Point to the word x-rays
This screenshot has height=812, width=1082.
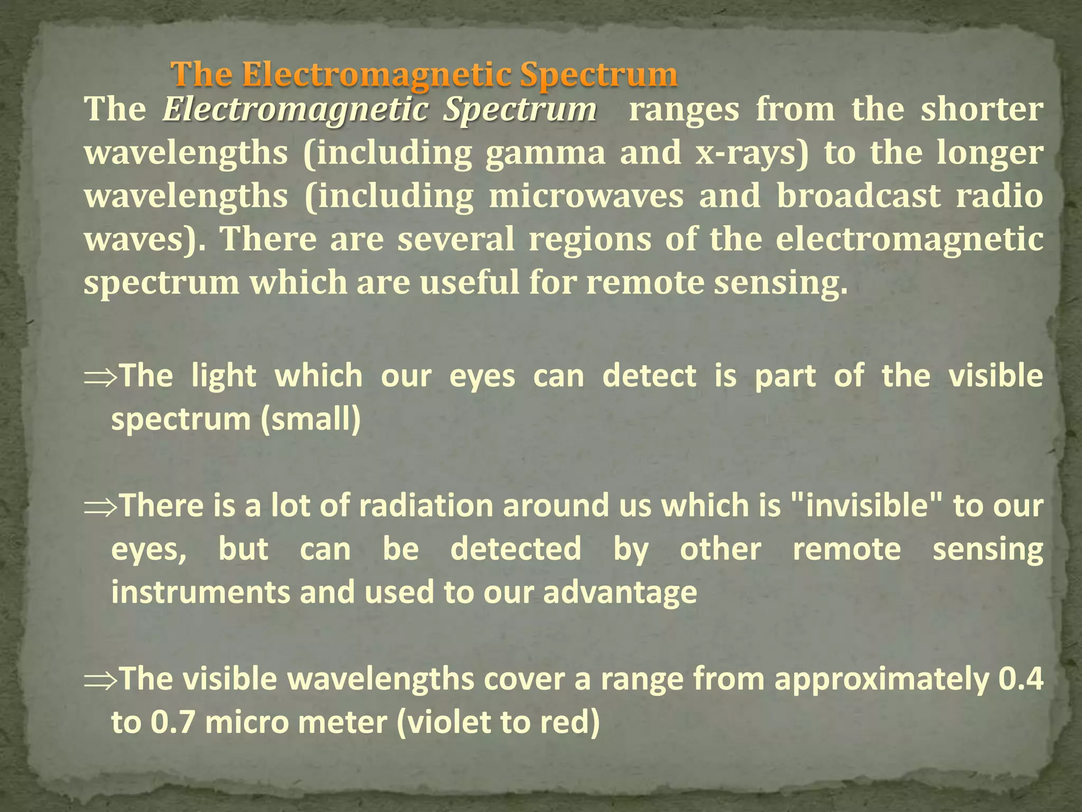(751, 153)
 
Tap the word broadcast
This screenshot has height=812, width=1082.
(859, 196)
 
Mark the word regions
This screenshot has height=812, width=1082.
(590, 239)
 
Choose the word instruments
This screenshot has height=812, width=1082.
(200, 592)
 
